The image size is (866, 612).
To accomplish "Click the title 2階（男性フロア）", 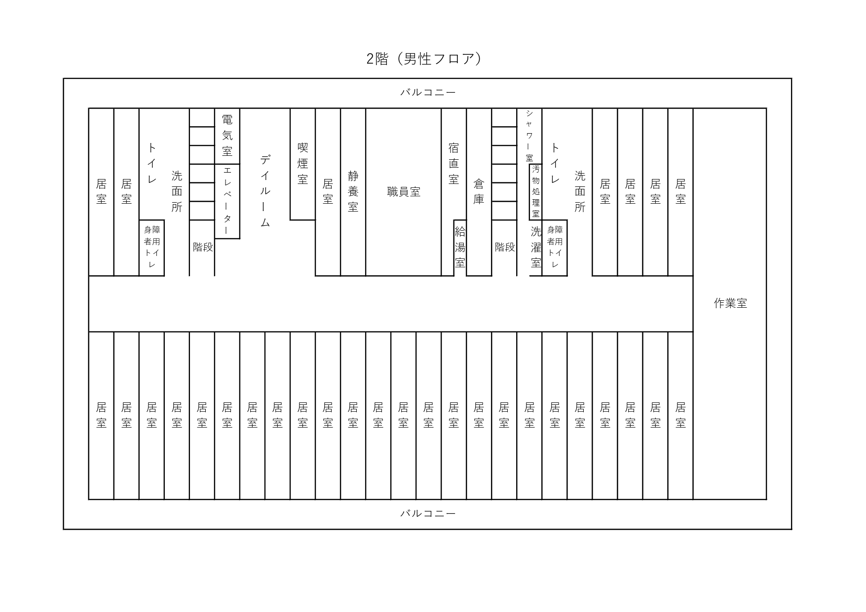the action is click(x=424, y=59).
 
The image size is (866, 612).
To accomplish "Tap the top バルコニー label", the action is click(x=428, y=92).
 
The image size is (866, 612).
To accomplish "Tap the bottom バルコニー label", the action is click(x=428, y=513).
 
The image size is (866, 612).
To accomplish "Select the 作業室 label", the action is click(x=730, y=303).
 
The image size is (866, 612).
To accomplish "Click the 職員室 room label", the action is click(x=404, y=192).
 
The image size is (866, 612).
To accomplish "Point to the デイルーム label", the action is click(x=265, y=191).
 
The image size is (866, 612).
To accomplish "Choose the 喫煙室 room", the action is click(x=302, y=164).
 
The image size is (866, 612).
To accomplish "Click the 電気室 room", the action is click(x=227, y=136).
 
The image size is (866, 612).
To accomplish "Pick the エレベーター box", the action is click(x=227, y=201).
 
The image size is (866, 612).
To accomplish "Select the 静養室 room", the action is click(x=353, y=192).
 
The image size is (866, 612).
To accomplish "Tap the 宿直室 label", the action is click(x=453, y=163).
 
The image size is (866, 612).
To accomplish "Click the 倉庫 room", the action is click(x=479, y=192).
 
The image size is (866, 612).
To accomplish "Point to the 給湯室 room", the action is click(x=460, y=248).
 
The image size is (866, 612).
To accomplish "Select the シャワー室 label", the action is click(x=529, y=136).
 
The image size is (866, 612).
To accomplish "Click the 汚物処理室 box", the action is click(x=535, y=192).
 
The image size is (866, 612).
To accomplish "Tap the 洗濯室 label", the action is click(x=536, y=247).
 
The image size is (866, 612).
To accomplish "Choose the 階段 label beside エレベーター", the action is click(x=202, y=247).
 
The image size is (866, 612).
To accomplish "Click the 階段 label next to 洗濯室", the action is click(x=505, y=247).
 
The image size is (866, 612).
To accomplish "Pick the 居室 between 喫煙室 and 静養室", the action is click(x=328, y=192).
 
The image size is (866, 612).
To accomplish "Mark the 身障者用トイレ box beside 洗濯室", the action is click(x=555, y=248).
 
